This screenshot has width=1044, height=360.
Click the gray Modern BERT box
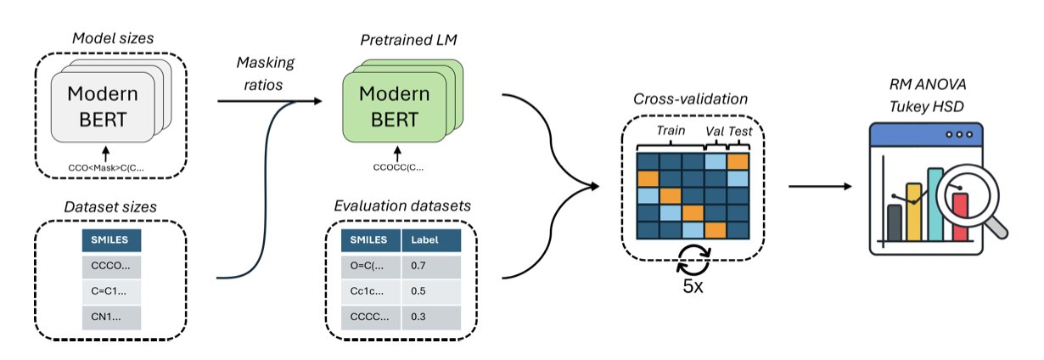103,107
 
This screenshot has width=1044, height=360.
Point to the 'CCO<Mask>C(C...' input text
106,167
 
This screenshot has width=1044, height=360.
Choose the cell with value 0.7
429,266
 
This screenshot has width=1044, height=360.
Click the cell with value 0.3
429,318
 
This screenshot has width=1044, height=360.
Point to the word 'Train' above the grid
671,132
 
